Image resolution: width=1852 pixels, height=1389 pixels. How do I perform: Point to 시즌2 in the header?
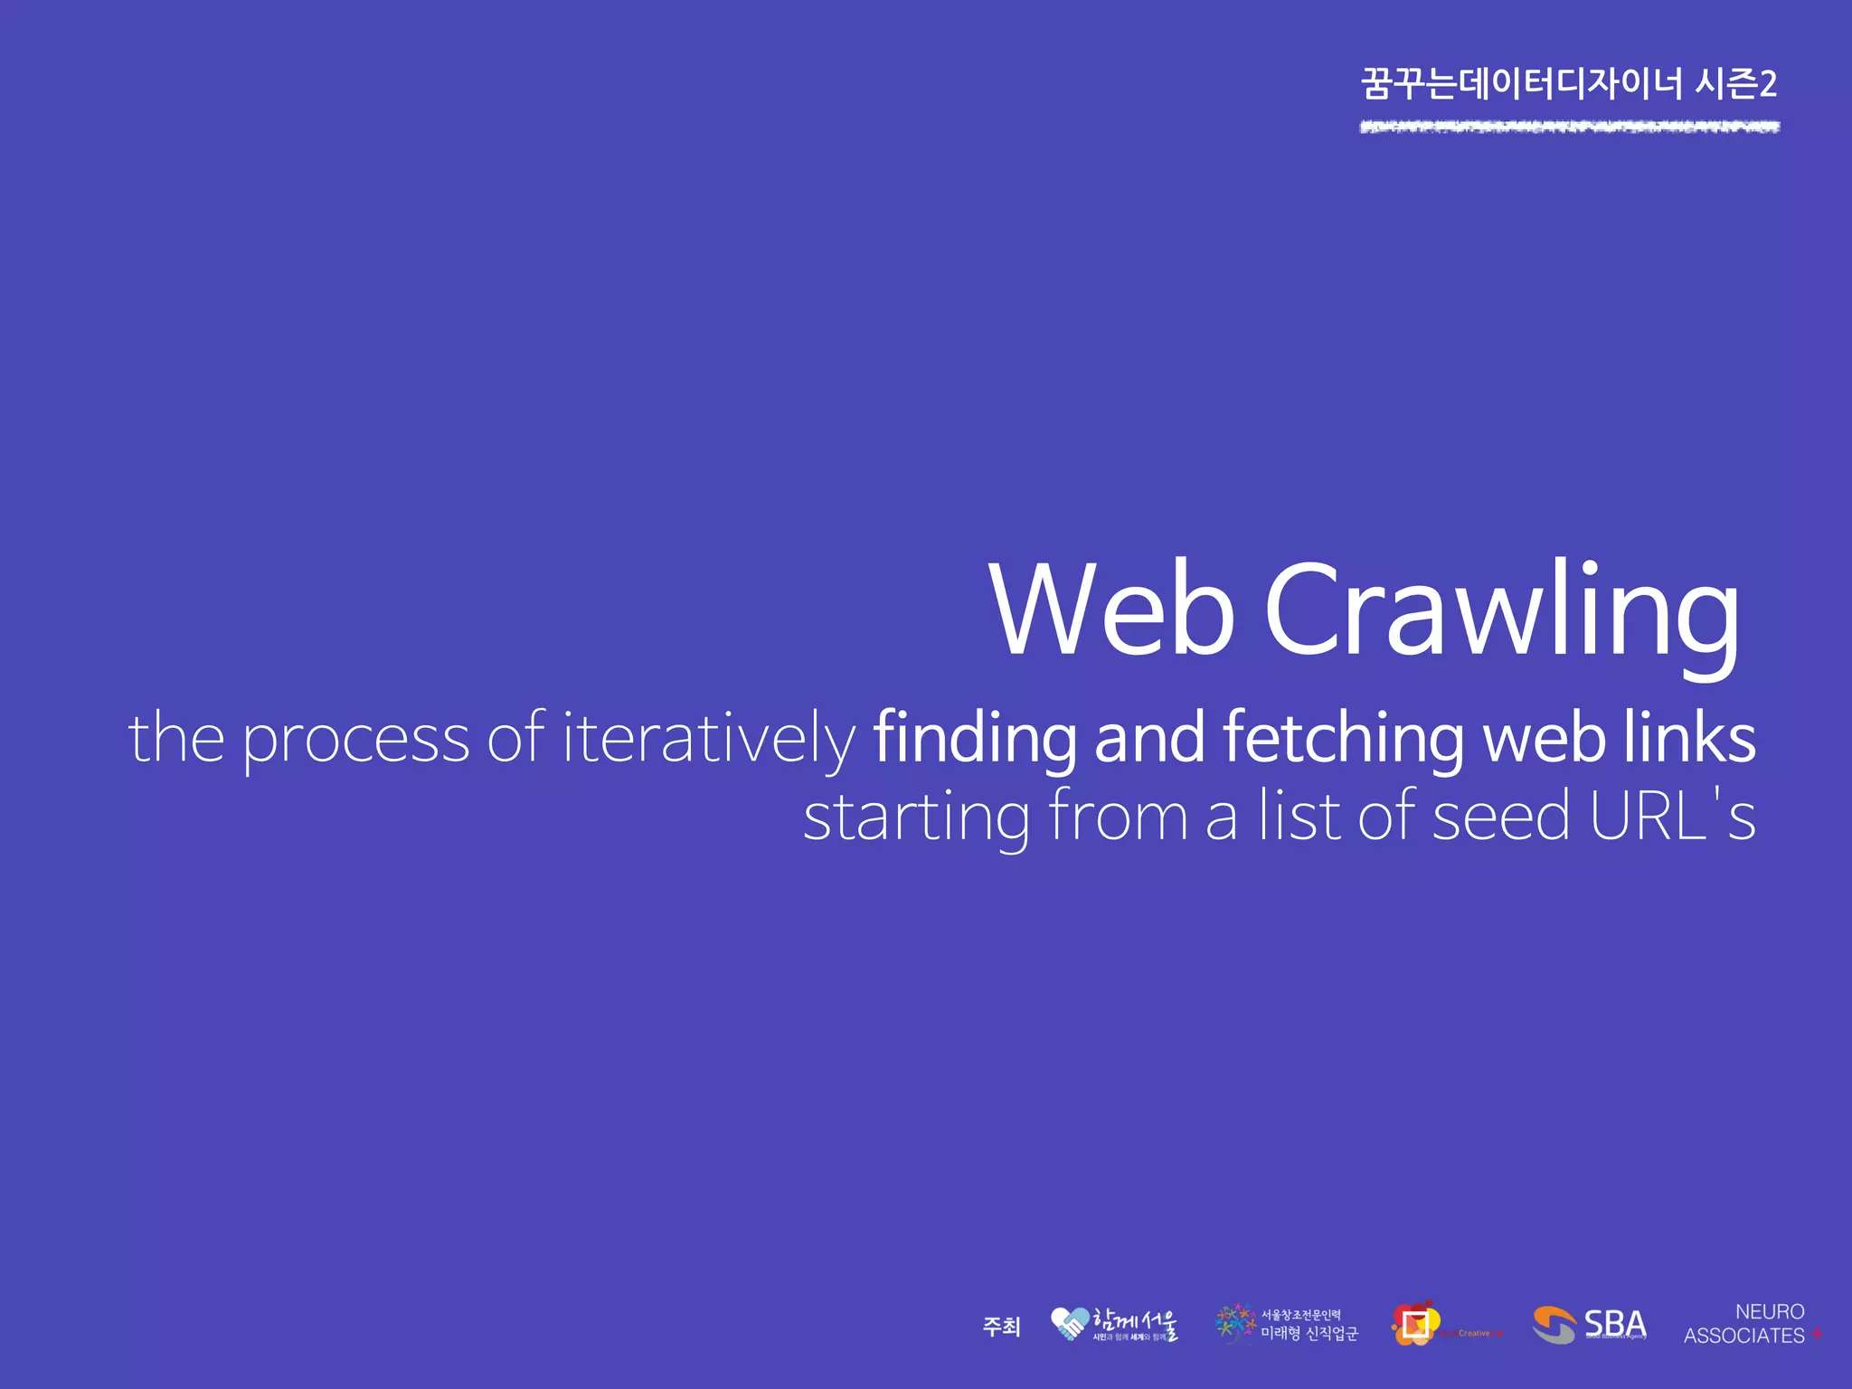(1735, 84)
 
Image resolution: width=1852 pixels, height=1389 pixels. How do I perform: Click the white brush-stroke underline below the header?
(1570, 127)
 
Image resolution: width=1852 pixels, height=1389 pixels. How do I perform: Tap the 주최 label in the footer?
(1001, 1327)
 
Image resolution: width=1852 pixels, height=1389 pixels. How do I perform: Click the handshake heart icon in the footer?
(1070, 1324)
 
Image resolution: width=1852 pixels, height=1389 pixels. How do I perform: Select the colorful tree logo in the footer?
(1235, 1323)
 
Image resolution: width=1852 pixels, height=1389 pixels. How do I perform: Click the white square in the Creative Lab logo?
(1415, 1324)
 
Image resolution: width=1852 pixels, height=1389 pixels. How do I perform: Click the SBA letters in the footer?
(1615, 1323)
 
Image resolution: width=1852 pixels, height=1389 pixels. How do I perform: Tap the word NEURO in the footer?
(1770, 1311)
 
